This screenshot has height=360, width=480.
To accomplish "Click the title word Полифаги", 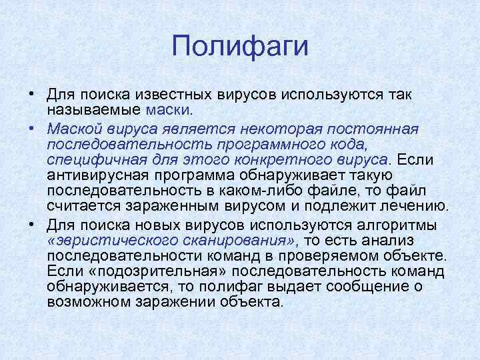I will click(240, 47).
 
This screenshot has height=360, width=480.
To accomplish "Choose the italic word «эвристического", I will click(113, 240).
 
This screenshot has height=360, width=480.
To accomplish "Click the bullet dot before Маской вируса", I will click(32, 127).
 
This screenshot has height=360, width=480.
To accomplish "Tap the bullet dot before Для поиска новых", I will click(32, 223).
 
